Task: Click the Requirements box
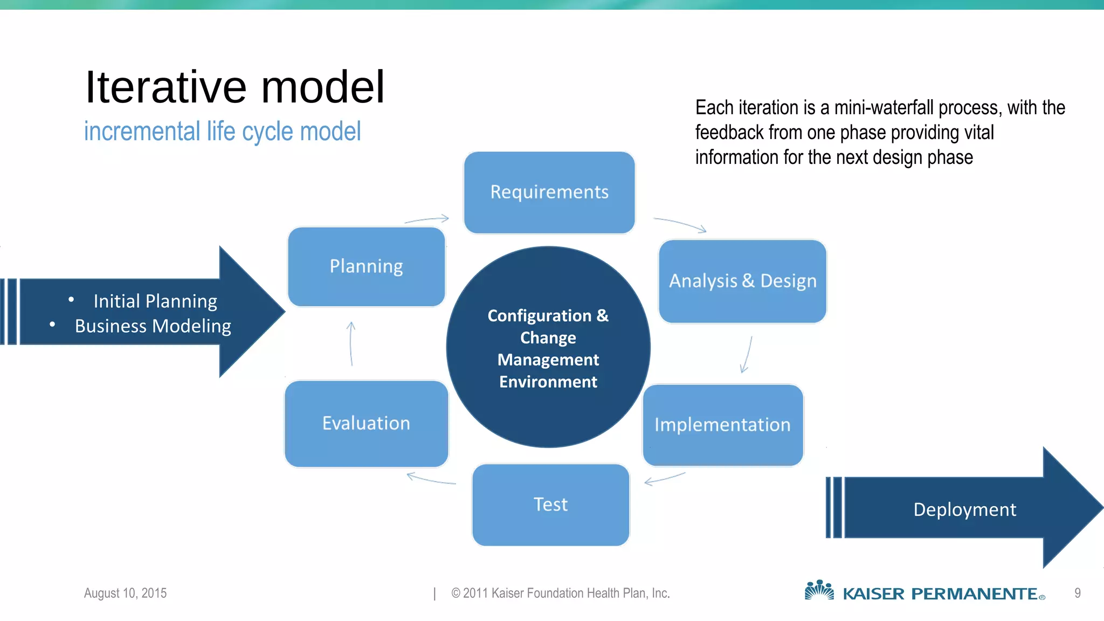549,192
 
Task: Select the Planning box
367,267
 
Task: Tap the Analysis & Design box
742,281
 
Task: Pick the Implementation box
722,425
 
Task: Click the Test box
550,505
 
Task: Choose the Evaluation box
366,424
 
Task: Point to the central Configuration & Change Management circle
548,348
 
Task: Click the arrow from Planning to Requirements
427,219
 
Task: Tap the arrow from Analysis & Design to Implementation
747,355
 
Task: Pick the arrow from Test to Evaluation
431,479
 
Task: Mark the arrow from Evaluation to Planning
351,344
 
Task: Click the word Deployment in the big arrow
964,509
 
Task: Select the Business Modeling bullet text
153,326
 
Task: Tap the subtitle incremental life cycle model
222,132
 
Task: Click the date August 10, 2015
125,593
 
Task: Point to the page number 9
1077,593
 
